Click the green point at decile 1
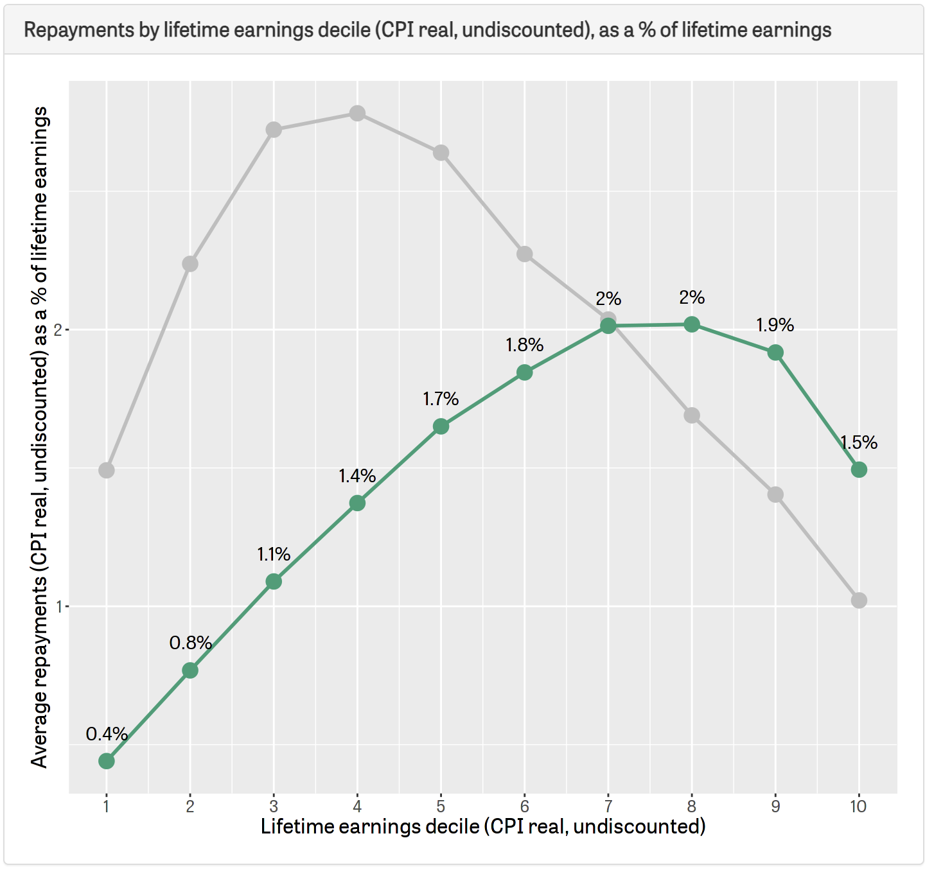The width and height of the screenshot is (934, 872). coord(107,761)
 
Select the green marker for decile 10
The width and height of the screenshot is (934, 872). coord(859,470)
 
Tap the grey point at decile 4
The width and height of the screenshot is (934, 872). coord(357,114)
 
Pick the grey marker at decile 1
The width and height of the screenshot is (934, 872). coord(107,470)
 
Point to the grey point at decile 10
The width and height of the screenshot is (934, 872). coord(859,600)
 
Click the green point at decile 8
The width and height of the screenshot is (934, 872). coord(692,324)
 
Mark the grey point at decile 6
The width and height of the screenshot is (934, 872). coord(525,254)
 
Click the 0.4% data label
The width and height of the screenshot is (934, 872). coord(107,734)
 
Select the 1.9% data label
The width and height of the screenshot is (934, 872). coord(775,326)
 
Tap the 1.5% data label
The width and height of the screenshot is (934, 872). coord(859,442)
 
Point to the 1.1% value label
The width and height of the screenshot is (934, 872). coord(274,554)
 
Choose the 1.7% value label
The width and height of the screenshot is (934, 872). coord(441,399)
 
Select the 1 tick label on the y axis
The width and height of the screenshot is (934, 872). coord(58,606)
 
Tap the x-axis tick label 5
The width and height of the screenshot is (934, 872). coord(441,807)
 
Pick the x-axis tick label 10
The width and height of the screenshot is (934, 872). coord(858,807)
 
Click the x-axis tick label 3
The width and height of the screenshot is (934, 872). coord(274,807)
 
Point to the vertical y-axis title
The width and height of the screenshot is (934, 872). coord(40,437)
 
